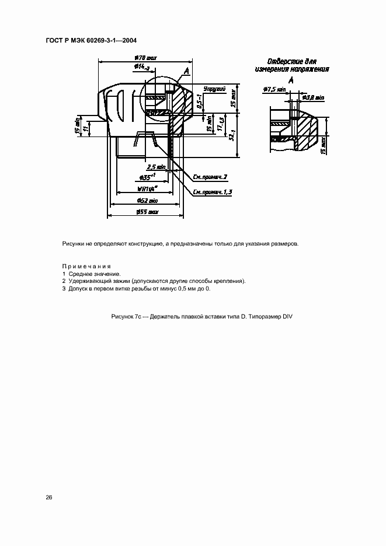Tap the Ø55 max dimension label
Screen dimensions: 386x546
(147, 212)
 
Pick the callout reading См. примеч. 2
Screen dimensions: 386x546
(209, 176)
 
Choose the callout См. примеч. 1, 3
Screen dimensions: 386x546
(213, 192)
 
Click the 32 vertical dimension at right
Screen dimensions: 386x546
(232, 136)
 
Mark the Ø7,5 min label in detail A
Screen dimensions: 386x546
(273, 89)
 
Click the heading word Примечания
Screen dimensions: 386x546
(86, 266)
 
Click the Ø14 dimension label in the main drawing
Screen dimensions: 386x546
(142, 67)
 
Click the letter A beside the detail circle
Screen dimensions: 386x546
(186, 71)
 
